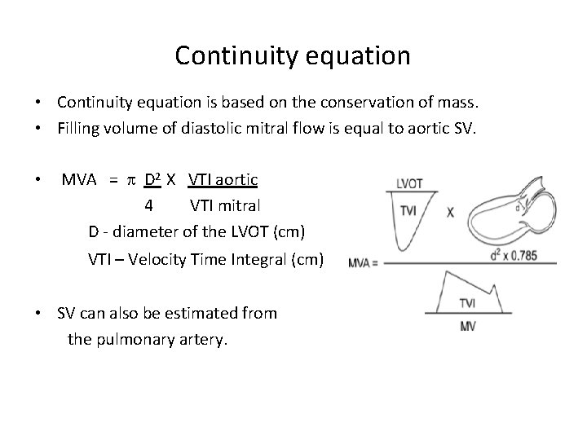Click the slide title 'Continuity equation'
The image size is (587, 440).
(x=293, y=55)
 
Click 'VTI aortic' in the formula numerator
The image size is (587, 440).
(x=223, y=179)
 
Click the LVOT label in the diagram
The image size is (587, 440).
(x=409, y=184)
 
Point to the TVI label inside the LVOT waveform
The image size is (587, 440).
(x=408, y=210)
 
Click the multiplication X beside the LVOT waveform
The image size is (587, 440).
(x=450, y=212)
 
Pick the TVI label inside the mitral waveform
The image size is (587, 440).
(x=467, y=303)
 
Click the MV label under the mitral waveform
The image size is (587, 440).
(x=468, y=326)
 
